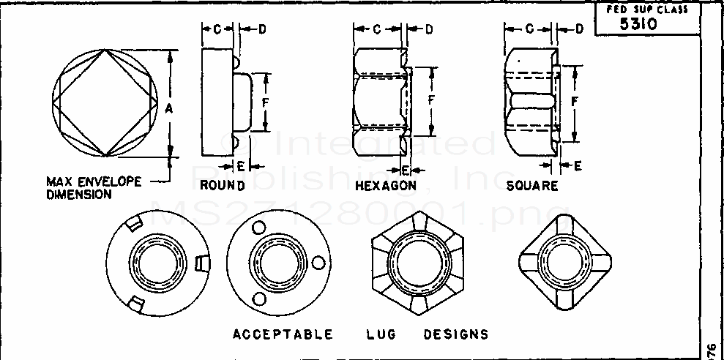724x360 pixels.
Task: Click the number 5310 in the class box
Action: (640, 23)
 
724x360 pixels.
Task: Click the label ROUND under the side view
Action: (222, 185)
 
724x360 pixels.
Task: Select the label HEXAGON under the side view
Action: (386, 186)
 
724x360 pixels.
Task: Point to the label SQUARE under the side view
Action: (532, 186)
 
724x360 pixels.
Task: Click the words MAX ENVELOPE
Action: (94, 181)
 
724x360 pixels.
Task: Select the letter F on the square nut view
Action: (575, 98)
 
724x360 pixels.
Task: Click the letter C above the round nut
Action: (217, 29)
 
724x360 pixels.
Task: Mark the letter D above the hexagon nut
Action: (429, 29)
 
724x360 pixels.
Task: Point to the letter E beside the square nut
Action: (578, 166)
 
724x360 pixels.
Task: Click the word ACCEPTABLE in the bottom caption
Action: (283, 334)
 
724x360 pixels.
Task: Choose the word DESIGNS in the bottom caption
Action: (455, 334)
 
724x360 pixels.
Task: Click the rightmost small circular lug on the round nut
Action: (317, 261)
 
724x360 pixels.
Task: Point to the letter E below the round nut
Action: (240, 164)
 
